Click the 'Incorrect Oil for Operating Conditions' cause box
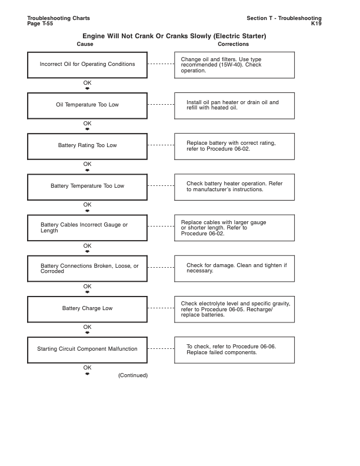[x=87, y=64]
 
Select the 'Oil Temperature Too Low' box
[x=87, y=105]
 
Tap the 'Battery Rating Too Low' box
[x=87, y=145]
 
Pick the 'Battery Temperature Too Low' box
[x=87, y=186]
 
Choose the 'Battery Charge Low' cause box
[x=87, y=308]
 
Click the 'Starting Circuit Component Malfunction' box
[x=87, y=349]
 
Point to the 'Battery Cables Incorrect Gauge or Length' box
[x=87, y=227]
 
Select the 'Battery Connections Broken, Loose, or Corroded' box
[x=87, y=268]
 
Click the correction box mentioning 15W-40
[x=234, y=65]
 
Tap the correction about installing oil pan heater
[x=234, y=105]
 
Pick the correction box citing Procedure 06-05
[x=234, y=309]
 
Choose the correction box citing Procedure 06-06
[x=234, y=349]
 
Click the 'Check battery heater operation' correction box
[x=234, y=187]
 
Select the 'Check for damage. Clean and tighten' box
[x=234, y=268]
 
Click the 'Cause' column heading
[x=85, y=44]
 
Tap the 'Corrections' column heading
[x=233, y=44]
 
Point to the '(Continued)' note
[x=133, y=375]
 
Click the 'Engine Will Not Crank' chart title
[x=174, y=36]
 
